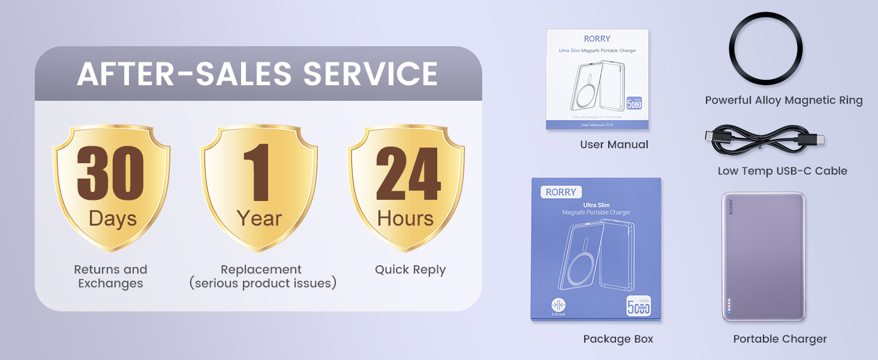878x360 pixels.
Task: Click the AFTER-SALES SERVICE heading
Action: coord(257,73)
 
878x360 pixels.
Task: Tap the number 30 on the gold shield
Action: coord(111,174)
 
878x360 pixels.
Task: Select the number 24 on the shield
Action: coord(408,174)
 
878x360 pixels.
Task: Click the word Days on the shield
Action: coord(112,218)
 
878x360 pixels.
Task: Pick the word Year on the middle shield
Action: coord(259,218)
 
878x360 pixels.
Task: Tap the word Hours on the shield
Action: coord(405,218)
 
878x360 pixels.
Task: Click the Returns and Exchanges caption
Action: coord(110,277)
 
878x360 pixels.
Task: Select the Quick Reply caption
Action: coord(410,270)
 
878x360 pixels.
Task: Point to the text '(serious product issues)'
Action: coord(262,283)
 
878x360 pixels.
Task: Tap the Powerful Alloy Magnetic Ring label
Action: coord(783,101)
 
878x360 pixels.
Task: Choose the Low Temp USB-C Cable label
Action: coord(782,171)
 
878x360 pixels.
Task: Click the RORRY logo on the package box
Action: coord(561,193)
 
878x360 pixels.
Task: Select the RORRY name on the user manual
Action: coord(597,39)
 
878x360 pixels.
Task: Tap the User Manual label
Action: coord(614,145)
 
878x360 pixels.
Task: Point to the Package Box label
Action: coord(618,339)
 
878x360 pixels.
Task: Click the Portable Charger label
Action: coord(780,339)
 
